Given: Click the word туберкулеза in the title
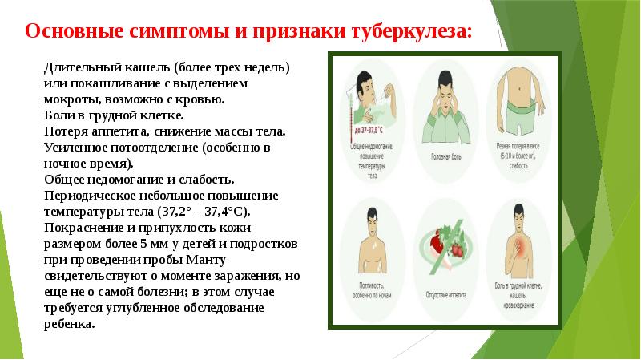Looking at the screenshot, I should tap(408, 32).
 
